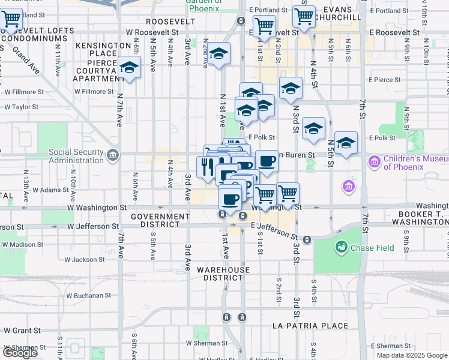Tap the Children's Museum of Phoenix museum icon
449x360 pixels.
[375, 162]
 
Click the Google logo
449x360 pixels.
[20, 352]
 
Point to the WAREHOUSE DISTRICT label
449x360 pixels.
[219, 274]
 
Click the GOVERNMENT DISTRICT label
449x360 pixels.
[160, 220]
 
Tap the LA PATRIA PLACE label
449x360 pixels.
[310, 326]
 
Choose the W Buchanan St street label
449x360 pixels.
[89, 295]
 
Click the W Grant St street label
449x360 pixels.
[22, 330]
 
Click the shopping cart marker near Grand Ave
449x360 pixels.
[11, 20]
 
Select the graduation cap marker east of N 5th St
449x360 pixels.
[346, 142]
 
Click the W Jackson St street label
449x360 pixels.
[85, 259]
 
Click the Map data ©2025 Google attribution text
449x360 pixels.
[412, 355]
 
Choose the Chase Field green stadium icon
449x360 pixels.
[342, 247]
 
